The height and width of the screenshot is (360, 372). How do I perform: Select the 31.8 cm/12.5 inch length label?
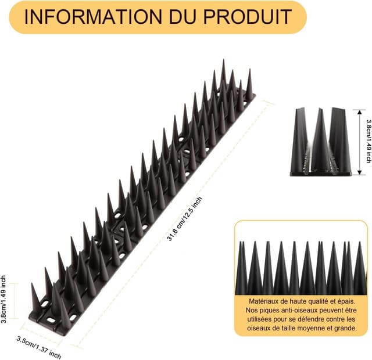click(185, 219)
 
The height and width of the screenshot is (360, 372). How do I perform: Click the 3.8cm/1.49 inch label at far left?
click(3, 299)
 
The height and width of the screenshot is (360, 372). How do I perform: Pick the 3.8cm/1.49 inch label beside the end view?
click(369, 141)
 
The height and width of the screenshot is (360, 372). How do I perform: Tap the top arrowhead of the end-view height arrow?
click(359, 112)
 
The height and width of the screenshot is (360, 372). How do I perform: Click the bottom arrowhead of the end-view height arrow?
click(359, 172)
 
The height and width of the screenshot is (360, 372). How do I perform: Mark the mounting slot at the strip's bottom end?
click(51, 321)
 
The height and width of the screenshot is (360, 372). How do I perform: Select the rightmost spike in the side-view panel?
click(360, 268)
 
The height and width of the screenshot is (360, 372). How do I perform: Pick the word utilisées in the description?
click(259, 319)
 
